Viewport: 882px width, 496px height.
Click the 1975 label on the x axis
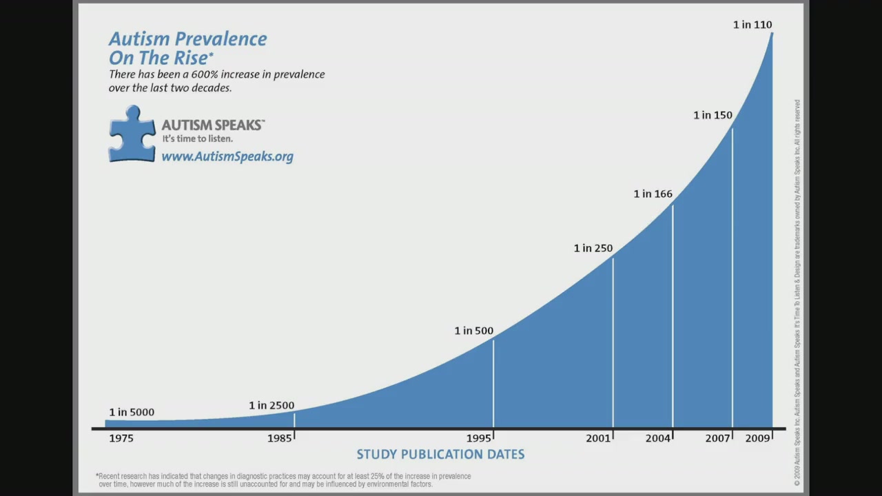tap(121, 438)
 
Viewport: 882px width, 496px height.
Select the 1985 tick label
tap(279, 438)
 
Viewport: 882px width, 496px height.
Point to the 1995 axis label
tap(478, 438)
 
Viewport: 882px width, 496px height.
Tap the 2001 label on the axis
tap(598, 438)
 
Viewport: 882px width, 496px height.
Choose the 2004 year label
tap(657, 438)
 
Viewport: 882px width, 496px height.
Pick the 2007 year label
tap(717, 438)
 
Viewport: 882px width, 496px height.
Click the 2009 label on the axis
tap(757, 438)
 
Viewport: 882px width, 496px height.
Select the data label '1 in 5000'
tap(132, 412)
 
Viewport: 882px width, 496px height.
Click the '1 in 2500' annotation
tap(271, 406)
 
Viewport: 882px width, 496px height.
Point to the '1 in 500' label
tap(473, 331)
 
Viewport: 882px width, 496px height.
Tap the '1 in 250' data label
tap(593, 248)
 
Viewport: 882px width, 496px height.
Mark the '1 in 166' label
tap(653, 194)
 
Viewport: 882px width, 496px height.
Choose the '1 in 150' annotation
tap(712, 115)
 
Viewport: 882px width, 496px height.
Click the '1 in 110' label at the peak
tap(752, 25)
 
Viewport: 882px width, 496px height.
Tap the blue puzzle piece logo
tap(132, 134)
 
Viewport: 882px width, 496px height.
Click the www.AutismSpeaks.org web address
tap(227, 156)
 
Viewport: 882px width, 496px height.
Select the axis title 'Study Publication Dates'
tap(440, 455)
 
